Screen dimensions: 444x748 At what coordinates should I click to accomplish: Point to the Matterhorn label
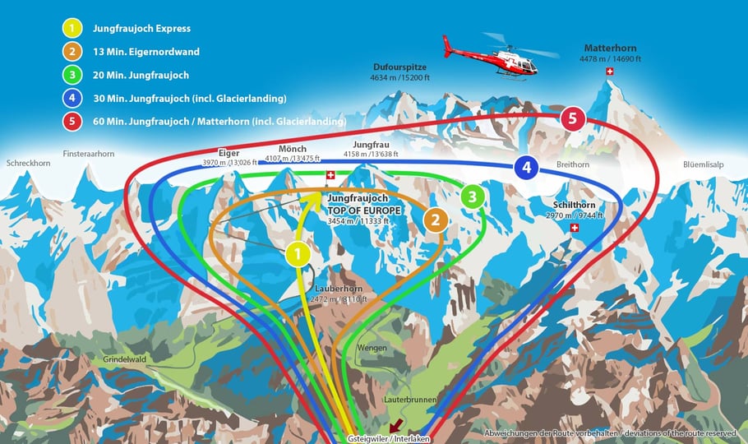pyautogui.click(x=610, y=49)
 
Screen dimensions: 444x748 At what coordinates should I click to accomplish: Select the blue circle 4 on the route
pyautogui.click(x=526, y=169)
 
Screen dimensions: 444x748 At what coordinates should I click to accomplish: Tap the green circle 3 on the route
pyautogui.click(x=473, y=196)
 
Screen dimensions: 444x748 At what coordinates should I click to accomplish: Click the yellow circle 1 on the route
pyautogui.click(x=298, y=254)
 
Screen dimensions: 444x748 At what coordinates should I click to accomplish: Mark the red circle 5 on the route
pyautogui.click(x=572, y=118)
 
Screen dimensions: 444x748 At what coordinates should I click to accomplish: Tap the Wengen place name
pyautogui.click(x=372, y=348)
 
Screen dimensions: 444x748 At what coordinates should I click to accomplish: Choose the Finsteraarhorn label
pyautogui.click(x=88, y=154)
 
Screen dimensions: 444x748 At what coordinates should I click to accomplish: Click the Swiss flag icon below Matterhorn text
pyautogui.click(x=609, y=72)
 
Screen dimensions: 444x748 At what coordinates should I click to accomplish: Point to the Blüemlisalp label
pyautogui.click(x=703, y=164)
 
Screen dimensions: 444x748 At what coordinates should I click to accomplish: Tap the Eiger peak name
pyautogui.click(x=228, y=153)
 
